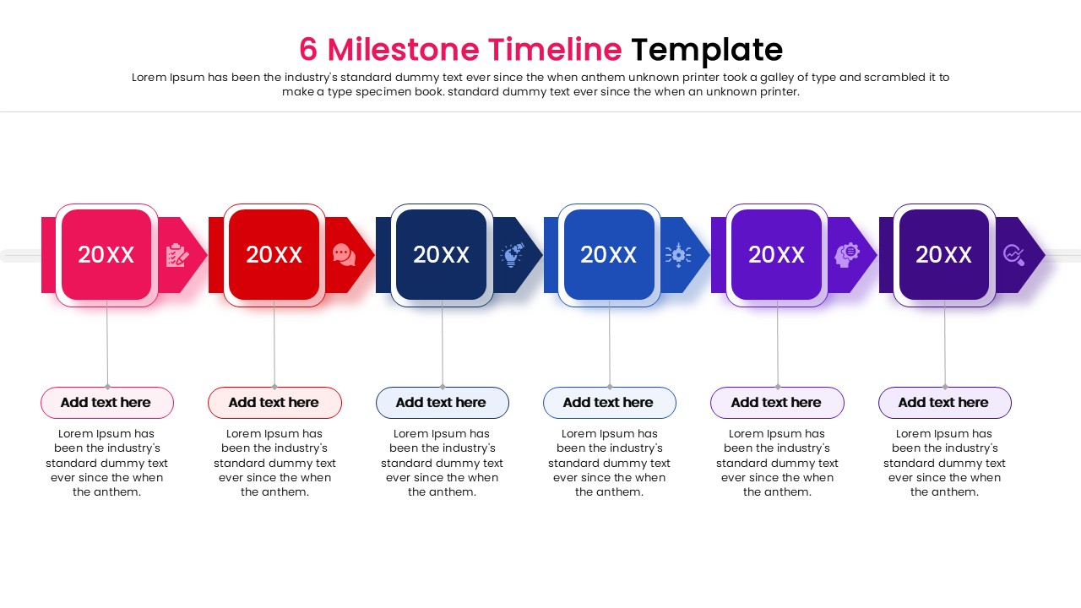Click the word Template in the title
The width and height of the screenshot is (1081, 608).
tap(707, 50)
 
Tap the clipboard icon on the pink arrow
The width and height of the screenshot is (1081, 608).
tap(177, 255)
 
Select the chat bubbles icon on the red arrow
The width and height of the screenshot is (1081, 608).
tap(344, 255)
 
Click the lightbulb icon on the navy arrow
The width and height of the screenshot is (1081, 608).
tap(512, 255)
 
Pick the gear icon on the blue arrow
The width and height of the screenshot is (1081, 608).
tap(678, 255)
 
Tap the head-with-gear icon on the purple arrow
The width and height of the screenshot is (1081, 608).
tap(846, 255)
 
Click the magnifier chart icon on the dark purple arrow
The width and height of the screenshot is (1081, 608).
tap(1013, 255)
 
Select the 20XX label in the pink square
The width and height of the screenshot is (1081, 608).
tap(106, 255)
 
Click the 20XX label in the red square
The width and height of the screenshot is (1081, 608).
tap(274, 255)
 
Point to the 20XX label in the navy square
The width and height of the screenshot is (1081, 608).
tap(441, 255)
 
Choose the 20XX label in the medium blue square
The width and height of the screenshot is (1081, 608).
tap(609, 255)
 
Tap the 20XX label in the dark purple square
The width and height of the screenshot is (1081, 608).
tap(944, 255)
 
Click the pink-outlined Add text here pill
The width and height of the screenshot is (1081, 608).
tap(106, 403)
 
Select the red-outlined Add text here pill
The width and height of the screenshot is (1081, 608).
tap(274, 403)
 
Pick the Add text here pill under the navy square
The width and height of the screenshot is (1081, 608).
tap(442, 403)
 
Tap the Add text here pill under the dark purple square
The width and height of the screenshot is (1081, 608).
tap(944, 403)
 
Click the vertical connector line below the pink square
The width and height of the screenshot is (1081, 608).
tap(107, 346)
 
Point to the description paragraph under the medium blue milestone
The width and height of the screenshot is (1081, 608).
tap(609, 463)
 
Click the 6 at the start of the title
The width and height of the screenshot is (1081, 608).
tap(308, 50)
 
